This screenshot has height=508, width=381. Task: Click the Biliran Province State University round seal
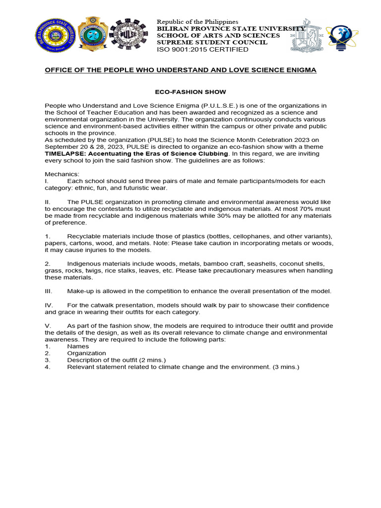[x=55, y=39]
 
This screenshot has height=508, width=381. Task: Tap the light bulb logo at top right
[x=342, y=39]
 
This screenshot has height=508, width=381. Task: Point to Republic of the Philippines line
[x=197, y=22]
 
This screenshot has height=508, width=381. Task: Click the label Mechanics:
[x=62, y=174]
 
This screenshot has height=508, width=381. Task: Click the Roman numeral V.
[x=47, y=325]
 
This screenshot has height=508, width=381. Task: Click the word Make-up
[x=82, y=291]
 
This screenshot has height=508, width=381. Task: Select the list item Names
[x=78, y=346]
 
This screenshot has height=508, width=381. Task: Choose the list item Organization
[x=87, y=353]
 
